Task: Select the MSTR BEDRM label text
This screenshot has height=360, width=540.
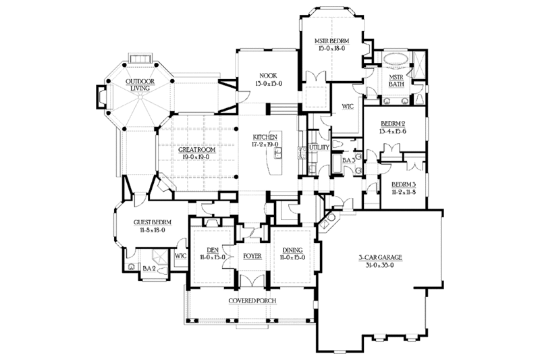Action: [331, 41]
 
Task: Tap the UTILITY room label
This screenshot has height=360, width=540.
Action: [318, 147]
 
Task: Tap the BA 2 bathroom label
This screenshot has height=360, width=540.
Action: [150, 268]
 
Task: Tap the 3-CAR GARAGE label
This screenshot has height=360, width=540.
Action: [381, 257]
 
